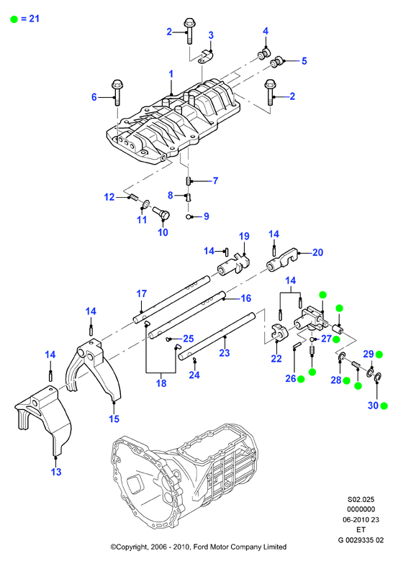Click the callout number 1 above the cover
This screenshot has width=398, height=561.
171,74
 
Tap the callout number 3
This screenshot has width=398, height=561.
211,35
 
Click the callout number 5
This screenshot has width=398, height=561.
304,61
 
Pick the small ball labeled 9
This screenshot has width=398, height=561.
189,216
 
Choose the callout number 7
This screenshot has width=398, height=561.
215,181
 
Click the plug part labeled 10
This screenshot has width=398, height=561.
161,211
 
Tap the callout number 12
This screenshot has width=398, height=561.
109,197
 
